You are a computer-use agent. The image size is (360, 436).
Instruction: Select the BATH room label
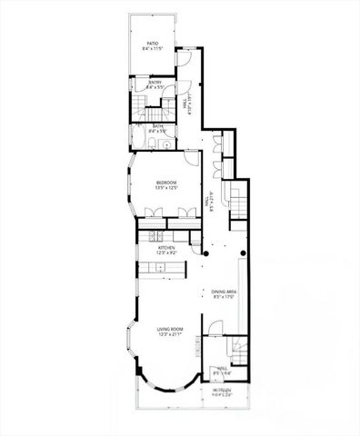pyautogui.click(x=158, y=126)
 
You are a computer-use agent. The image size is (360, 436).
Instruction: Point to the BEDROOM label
pyautogui.click(x=165, y=183)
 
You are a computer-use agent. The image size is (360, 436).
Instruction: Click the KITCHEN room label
pyautogui.click(x=166, y=247)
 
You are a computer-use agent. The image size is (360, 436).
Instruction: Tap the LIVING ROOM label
pyautogui.click(x=170, y=330)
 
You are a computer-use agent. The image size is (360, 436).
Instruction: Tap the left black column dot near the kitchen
pyautogui.click(x=206, y=254)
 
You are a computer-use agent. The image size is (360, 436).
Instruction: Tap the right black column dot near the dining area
pyautogui.click(x=244, y=253)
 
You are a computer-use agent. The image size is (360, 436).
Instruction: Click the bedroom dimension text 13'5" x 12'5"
pyautogui.click(x=165, y=188)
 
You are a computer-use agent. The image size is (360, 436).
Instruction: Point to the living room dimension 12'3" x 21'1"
pyautogui.click(x=170, y=335)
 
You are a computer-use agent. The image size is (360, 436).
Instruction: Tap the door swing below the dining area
pyautogui.click(x=215, y=328)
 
